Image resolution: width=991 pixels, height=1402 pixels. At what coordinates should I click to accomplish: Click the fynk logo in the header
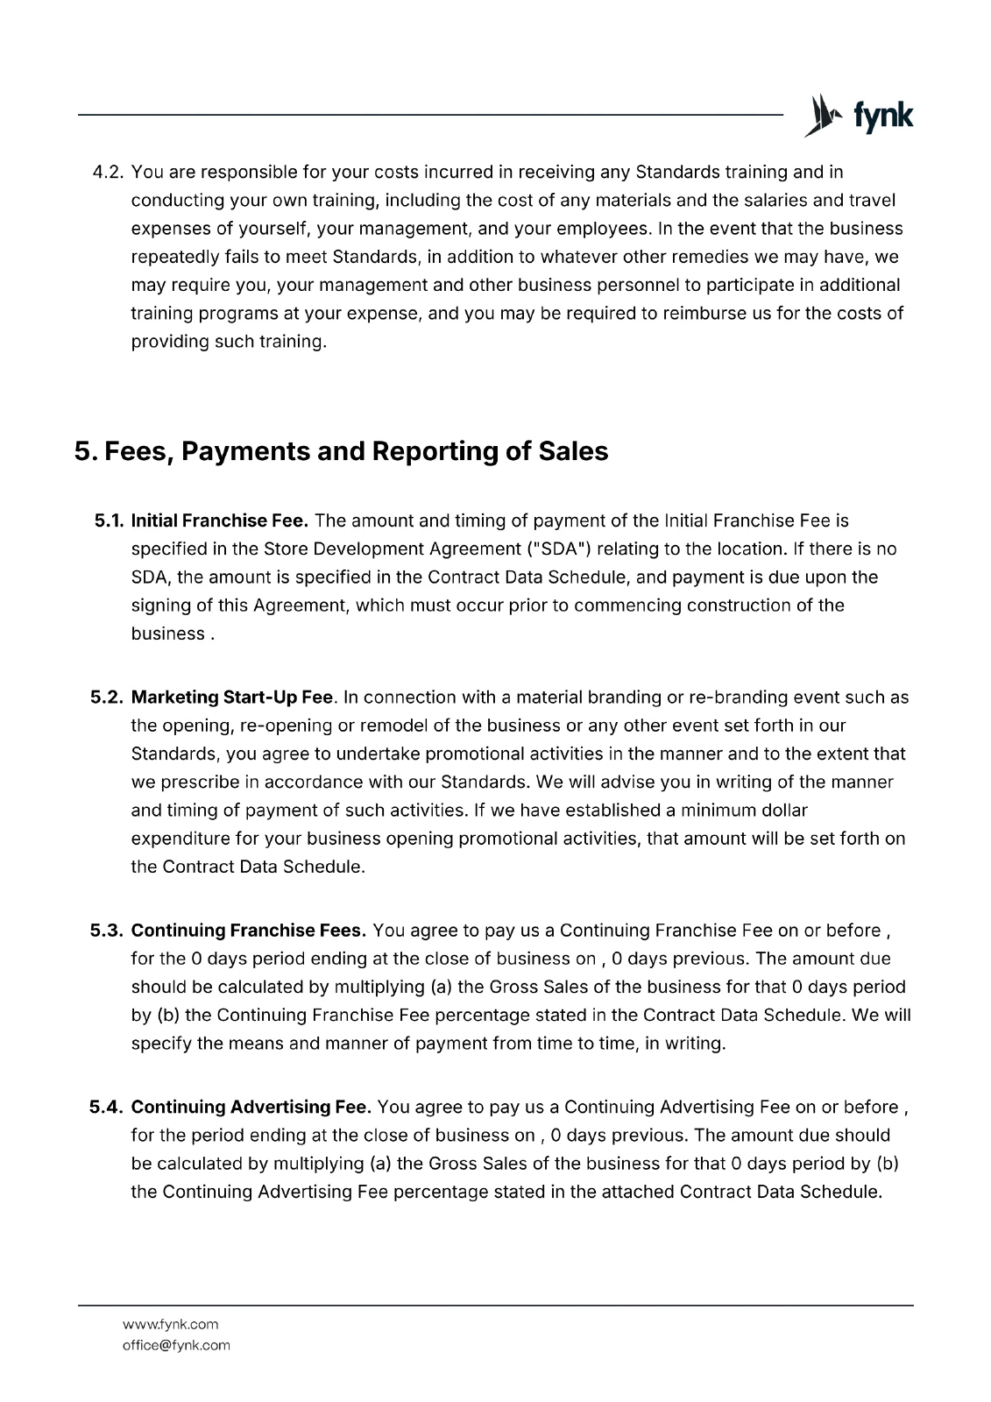pos(859,115)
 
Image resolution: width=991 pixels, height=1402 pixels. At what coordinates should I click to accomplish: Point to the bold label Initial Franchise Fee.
pos(219,520)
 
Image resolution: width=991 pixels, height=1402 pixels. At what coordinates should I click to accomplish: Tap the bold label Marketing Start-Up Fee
pos(231,697)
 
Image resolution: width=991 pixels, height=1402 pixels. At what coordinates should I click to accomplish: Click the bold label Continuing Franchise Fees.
pos(248,931)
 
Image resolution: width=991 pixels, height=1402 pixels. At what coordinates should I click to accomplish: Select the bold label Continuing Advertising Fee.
pos(251,1107)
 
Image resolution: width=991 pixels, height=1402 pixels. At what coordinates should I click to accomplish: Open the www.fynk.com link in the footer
pos(170,1324)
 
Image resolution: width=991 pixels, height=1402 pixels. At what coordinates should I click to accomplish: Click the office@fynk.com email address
pos(176,1345)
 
